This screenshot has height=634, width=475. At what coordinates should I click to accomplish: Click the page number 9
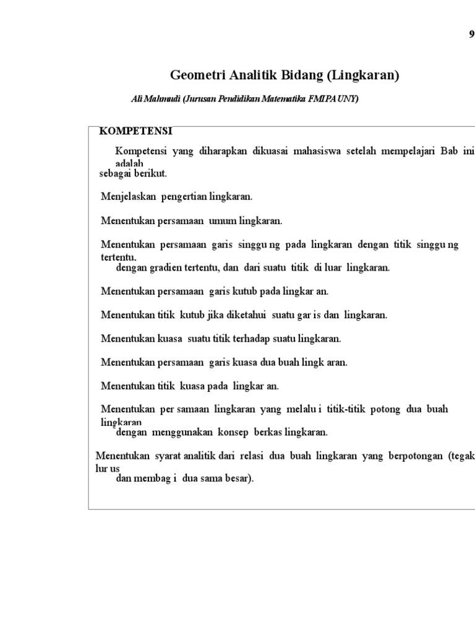click(471, 35)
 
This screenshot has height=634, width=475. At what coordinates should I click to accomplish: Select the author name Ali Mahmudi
click(155, 99)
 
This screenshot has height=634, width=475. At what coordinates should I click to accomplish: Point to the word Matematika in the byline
click(281, 99)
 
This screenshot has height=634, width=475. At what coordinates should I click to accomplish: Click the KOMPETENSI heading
click(136, 131)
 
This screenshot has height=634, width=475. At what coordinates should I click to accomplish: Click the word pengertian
click(184, 197)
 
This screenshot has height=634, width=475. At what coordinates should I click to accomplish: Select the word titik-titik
click(344, 409)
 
